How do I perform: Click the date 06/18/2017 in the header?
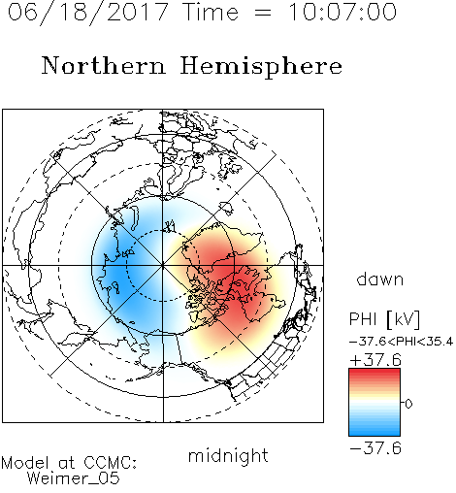coord(87,13)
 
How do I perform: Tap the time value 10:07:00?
coord(342,12)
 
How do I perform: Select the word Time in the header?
coord(211,12)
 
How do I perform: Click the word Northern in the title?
coord(104,65)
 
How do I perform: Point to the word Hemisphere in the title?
coord(261,67)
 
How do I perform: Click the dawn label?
coord(380,279)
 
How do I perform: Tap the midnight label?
coord(228,455)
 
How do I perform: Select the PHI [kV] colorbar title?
coord(384,319)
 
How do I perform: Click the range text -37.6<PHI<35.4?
coord(401,342)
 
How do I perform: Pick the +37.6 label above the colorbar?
coord(375,360)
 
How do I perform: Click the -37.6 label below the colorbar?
coord(375,448)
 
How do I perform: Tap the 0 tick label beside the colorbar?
coord(408,404)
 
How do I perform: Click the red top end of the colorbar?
coord(375,373)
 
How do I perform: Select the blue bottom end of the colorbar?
coord(375,432)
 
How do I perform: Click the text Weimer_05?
coord(74,478)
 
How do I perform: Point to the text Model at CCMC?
coord(69,463)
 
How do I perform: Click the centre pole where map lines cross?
coord(163,265)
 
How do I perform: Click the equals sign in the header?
coord(263,13)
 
